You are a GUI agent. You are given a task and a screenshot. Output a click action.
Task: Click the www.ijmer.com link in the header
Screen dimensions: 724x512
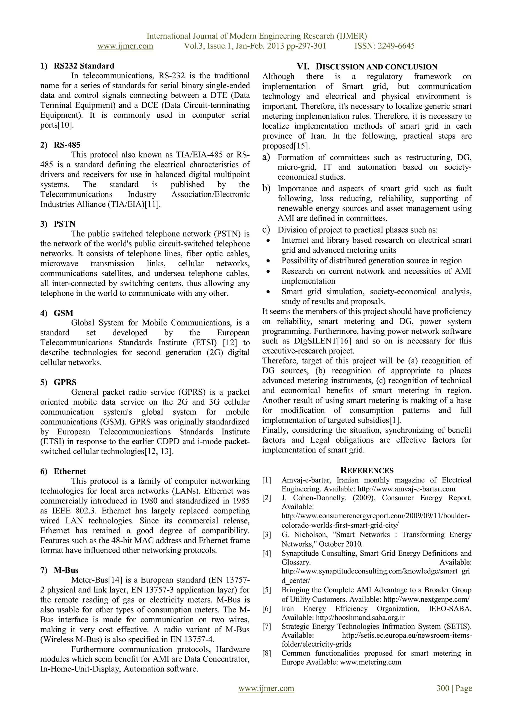tap(125, 46)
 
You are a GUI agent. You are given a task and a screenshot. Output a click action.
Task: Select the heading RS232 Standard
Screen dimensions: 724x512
tap(84, 66)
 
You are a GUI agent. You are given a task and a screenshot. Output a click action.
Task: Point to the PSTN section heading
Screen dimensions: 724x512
tap(65, 224)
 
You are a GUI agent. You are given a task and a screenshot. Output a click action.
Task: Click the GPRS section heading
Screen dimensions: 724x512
tap(65, 382)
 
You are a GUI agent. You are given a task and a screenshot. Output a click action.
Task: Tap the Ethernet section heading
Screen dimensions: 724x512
tap(70, 471)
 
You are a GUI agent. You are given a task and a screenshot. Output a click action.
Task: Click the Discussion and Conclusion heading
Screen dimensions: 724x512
tap(367, 67)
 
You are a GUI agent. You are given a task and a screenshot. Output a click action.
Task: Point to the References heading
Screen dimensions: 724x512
tap(367, 471)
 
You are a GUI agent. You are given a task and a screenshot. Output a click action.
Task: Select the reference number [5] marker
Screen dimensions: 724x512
tap(267, 590)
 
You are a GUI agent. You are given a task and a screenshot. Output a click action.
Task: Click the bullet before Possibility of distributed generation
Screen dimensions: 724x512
tap(268, 261)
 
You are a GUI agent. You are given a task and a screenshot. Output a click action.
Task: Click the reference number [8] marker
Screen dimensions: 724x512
tap(267, 653)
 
